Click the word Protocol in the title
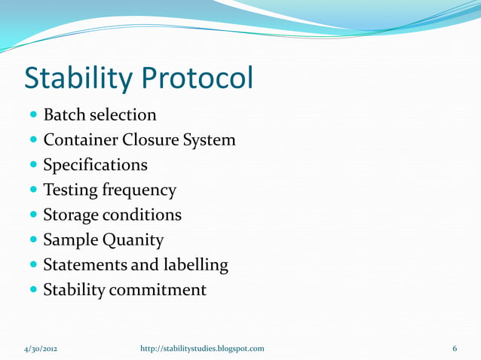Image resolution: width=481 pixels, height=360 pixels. [x=201, y=76]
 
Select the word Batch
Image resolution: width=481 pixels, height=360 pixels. [x=63, y=116]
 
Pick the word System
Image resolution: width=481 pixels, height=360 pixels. [x=212, y=141]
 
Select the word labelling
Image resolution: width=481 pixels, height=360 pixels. [x=191, y=265]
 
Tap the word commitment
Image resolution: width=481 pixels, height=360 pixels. [x=158, y=289]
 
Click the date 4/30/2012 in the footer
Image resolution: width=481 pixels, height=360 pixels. [x=38, y=349]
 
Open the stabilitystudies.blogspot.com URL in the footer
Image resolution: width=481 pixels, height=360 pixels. [x=203, y=349]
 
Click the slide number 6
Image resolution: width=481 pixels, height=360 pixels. [x=455, y=349]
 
